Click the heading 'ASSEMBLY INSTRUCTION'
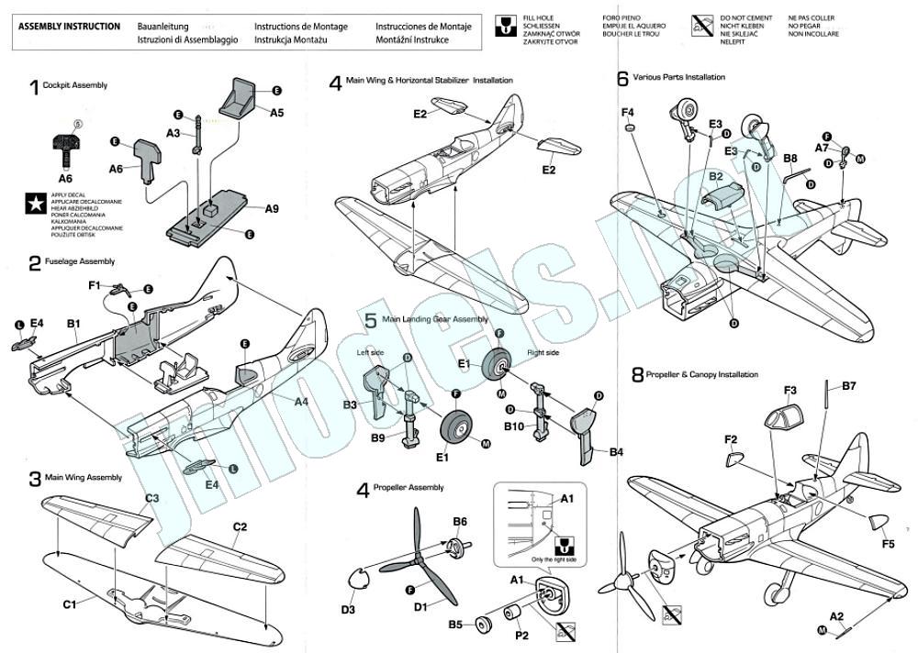click(69, 27)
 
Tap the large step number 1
click(34, 87)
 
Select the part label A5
click(276, 112)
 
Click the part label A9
click(271, 208)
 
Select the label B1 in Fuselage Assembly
click(73, 323)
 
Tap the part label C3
click(152, 498)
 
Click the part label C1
click(69, 605)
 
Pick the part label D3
click(348, 608)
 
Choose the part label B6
click(460, 521)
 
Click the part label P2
click(521, 635)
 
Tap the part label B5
click(455, 625)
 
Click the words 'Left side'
click(369, 352)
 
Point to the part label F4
click(628, 113)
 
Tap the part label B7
click(849, 386)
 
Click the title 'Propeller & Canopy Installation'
click(701, 374)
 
